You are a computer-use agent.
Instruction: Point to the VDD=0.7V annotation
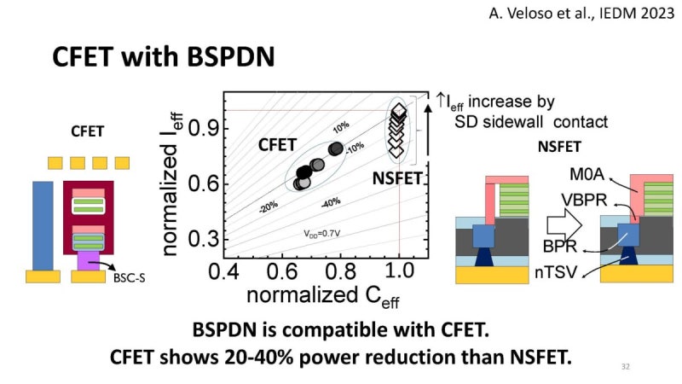click(322, 232)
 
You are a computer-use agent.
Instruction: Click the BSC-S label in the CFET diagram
click(128, 278)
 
